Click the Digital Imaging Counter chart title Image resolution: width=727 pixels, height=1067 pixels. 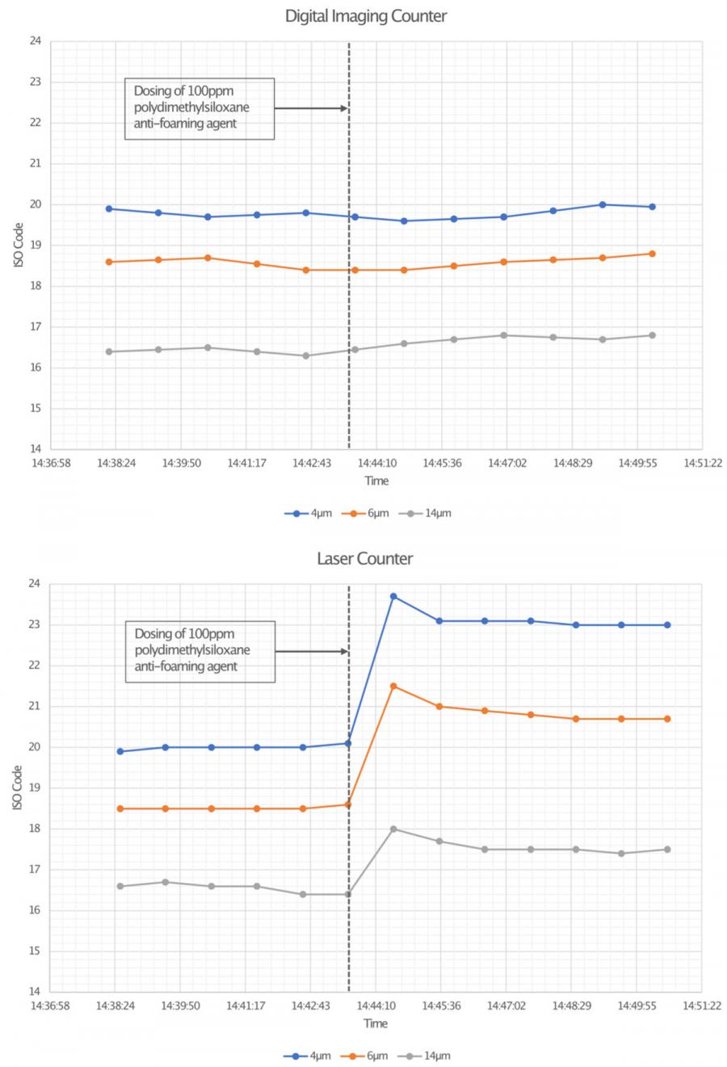point(365,16)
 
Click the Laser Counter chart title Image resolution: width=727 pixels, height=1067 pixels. point(364,559)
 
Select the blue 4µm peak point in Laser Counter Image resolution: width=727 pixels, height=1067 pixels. point(393,596)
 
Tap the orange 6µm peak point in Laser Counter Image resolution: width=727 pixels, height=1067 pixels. point(393,686)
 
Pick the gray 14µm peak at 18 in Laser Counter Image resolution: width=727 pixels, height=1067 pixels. point(393,829)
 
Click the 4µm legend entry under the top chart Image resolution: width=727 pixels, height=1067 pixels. point(308,513)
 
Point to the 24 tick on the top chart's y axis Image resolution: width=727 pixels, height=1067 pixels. point(35,41)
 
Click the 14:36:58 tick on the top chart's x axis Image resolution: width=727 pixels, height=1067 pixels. point(50,464)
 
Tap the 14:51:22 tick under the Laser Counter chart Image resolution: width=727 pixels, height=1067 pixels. point(700,1006)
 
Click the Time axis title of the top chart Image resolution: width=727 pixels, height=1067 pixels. point(376,481)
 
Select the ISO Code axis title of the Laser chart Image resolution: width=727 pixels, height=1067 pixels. point(17,788)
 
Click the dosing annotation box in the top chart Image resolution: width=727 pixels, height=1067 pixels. point(199,109)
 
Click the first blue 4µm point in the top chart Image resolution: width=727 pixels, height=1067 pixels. point(108,208)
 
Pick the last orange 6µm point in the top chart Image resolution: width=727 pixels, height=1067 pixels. point(652,254)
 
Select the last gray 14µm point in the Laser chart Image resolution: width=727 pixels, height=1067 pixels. point(667,849)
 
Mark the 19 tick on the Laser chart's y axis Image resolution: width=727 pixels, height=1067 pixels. point(35,788)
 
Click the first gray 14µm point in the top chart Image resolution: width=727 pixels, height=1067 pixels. point(108,351)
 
